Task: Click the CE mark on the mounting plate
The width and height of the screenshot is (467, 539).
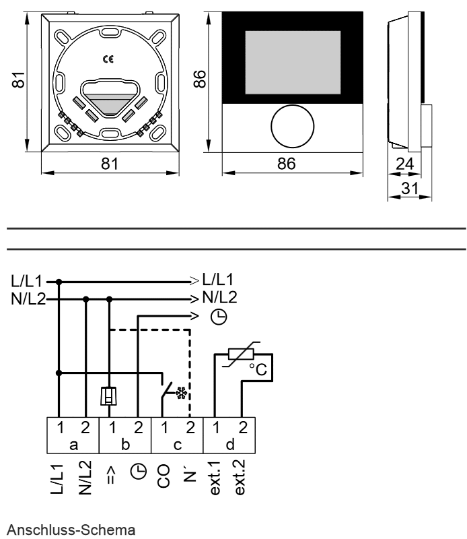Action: [x=108, y=59]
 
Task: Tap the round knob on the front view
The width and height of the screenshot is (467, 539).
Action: [x=292, y=126]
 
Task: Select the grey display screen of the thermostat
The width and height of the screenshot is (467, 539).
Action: [x=293, y=62]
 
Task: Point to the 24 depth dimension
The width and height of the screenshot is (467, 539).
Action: [x=404, y=164]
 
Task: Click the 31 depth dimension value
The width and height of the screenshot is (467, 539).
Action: [x=410, y=189]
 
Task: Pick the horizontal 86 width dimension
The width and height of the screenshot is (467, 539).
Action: [x=287, y=164]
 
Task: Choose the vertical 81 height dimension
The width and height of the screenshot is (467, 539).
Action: [x=19, y=80]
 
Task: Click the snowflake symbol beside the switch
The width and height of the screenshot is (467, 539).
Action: [x=181, y=393]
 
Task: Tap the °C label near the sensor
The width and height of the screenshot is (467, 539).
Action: [x=258, y=369]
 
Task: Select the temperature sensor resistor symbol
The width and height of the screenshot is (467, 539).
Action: [x=241, y=354]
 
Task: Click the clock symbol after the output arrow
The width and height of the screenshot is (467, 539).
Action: [x=219, y=317]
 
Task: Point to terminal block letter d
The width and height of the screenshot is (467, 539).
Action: [x=229, y=445]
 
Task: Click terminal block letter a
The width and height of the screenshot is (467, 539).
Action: [x=73, y=445]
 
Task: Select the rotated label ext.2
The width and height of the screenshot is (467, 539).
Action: [x=240, y=477]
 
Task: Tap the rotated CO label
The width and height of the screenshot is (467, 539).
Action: [x=164, y=476]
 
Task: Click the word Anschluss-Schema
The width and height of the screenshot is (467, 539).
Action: [x=71, y=530]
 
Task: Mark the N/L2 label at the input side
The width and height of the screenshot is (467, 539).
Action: [x=28, y=299]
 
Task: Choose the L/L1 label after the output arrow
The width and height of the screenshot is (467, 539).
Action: [x=218, y=280]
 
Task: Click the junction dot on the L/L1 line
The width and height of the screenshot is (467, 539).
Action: [x=59, y=282]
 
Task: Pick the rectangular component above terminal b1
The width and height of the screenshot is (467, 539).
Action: [x=108, y=395]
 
